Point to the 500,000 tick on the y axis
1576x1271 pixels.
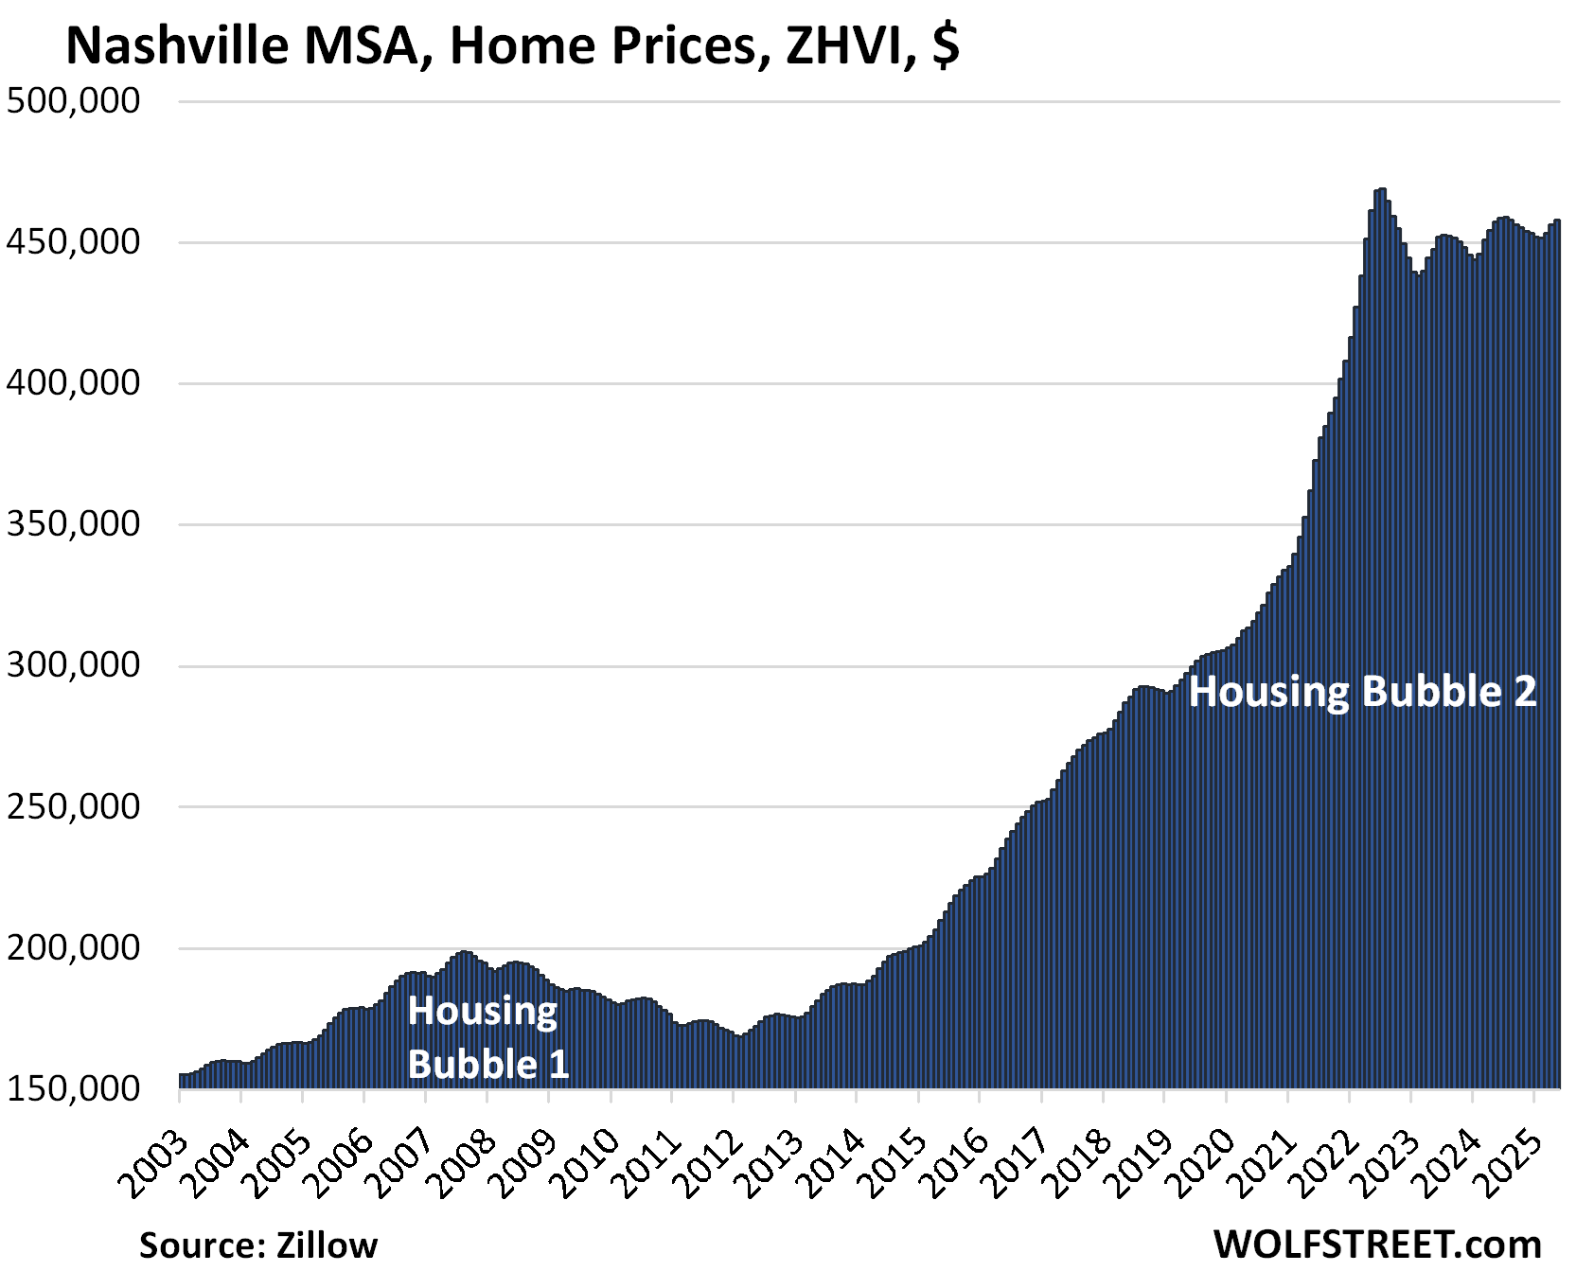[x=74, y=100]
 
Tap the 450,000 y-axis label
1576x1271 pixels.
[x=74, y=242]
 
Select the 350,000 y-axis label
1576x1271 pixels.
[x=74, y=523]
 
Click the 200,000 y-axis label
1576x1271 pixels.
[x=74, y=947]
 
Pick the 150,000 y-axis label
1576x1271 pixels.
[x=74, y=1088]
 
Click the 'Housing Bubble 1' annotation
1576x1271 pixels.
[x=487, y=1037]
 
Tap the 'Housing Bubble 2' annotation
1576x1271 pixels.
[x=1362, y=692]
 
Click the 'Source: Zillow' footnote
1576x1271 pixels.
[x=258, y=1245]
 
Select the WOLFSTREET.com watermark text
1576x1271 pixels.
[x=1377, y=1244]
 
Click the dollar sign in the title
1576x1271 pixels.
[x=945, y=45]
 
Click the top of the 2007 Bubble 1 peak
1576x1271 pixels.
[x=464, y=952]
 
